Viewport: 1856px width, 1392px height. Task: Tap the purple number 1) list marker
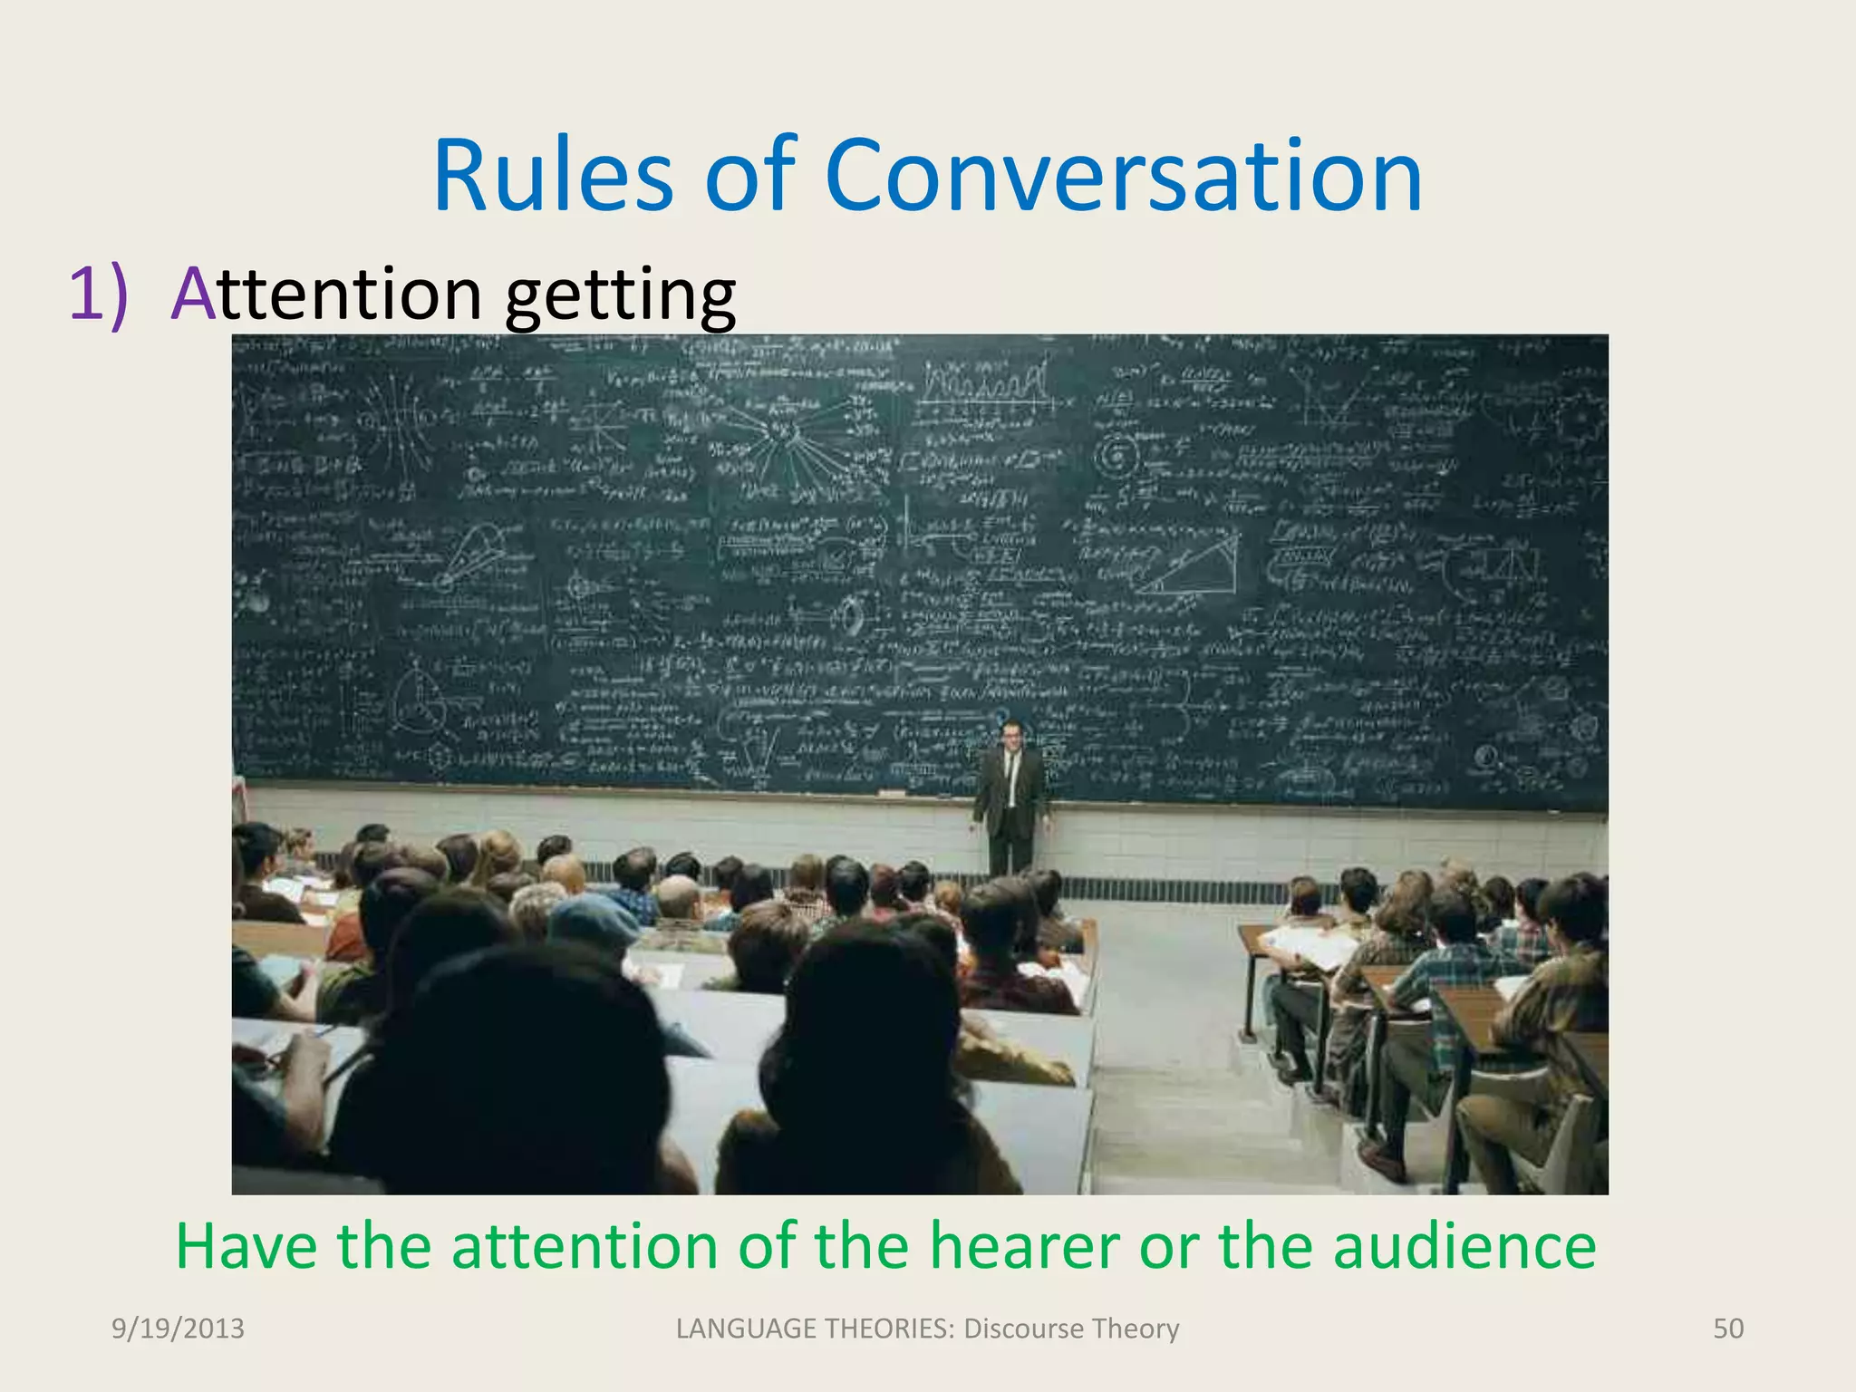point(98,294)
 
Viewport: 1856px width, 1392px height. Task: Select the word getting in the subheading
point(620,297)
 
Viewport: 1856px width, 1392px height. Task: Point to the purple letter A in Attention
point(193,294)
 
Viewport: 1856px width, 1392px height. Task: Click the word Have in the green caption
point(246,1246)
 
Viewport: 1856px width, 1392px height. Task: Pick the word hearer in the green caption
point(1025,1246)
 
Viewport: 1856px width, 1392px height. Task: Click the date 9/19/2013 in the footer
point(178,1329)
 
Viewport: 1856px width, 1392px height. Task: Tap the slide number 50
point(1728,1329)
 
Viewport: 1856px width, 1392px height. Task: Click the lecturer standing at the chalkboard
point(1010,797)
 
